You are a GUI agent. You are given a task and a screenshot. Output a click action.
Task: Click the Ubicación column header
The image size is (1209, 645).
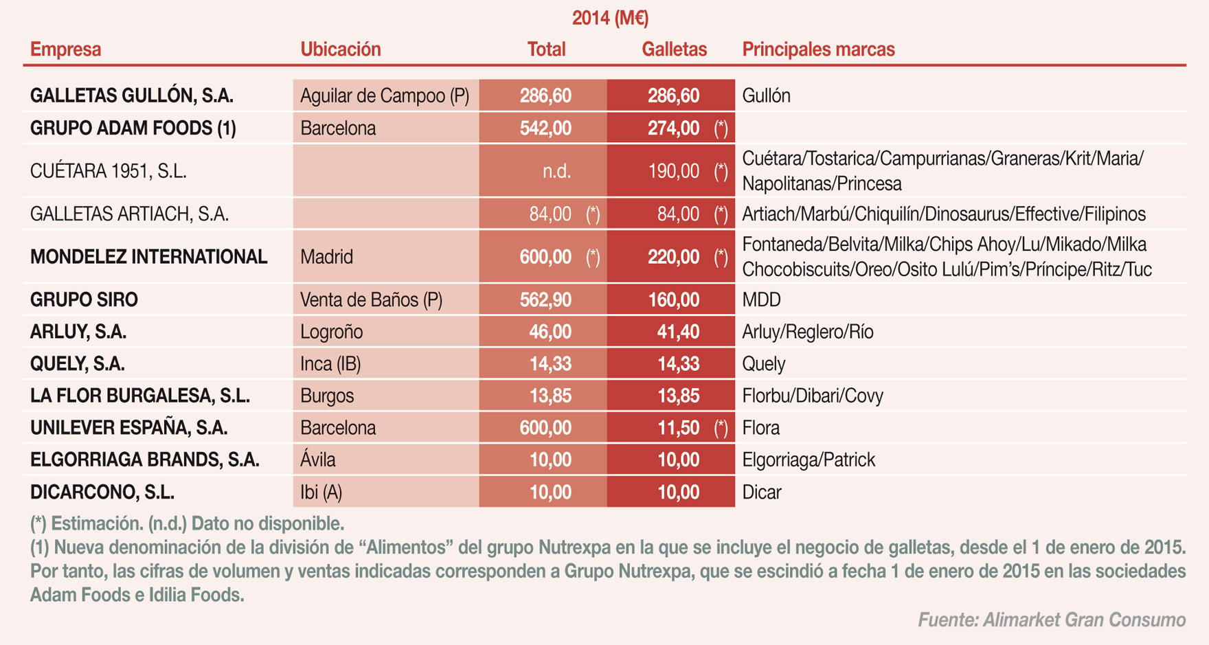[340, 49]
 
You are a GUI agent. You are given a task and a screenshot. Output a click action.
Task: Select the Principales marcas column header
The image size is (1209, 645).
[818, 49]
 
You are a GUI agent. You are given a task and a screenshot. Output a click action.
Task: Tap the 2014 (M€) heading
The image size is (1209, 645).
[610, 18]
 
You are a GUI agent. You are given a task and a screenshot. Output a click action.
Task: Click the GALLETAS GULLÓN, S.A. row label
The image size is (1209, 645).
[132, 95]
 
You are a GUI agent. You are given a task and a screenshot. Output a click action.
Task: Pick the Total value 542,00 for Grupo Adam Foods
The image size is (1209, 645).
[545, 128]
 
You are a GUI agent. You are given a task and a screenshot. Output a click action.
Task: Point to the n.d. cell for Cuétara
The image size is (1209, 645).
[556, 171]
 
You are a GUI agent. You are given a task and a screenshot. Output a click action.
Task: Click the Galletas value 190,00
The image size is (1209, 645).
[673, 171]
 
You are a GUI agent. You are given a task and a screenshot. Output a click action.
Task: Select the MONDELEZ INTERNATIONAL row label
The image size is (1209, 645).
[148, 257]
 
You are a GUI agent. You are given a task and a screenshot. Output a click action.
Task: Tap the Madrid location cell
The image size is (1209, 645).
[326, 257]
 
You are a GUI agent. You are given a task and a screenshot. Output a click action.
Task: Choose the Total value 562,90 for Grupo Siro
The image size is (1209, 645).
[545, 300]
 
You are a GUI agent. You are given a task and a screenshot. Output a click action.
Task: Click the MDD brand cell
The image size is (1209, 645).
[761, 300]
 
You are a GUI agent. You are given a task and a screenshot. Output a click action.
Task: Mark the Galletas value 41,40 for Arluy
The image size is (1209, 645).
[677, 332]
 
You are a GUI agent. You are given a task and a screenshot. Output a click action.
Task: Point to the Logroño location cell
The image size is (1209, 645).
[331, 332]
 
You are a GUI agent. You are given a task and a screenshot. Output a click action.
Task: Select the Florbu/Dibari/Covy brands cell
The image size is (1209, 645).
[813, 396]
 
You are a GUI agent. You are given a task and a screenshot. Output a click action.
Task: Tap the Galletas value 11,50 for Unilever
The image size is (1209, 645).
[677, 428]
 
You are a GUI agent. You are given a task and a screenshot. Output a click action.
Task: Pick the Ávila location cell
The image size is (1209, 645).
[318, 460]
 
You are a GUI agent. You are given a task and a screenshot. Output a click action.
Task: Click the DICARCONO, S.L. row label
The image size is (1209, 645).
[102, 493]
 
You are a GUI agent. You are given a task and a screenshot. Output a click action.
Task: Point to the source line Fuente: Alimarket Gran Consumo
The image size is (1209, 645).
[1051, 620]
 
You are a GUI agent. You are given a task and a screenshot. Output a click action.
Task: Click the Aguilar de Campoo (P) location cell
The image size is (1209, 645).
[385, 95]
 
